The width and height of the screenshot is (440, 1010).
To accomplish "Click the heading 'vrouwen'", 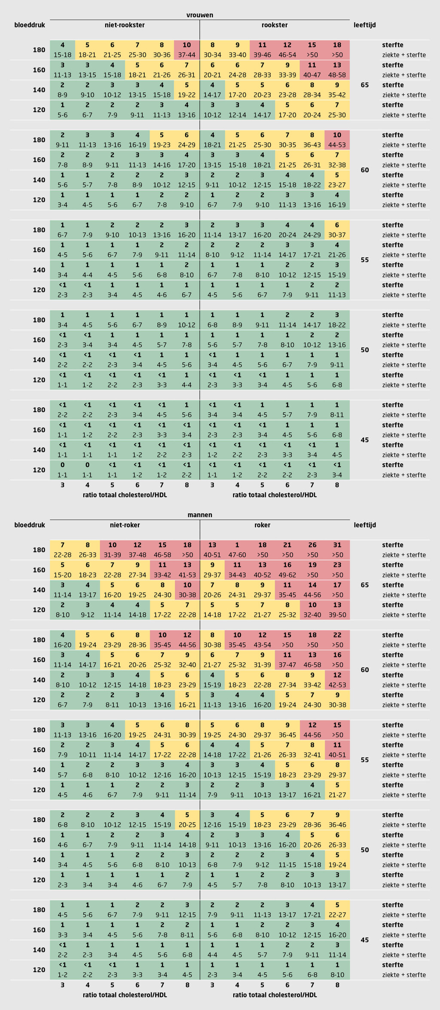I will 200,15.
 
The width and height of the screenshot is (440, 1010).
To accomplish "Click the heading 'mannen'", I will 200,515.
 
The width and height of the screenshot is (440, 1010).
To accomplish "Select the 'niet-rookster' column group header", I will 125,25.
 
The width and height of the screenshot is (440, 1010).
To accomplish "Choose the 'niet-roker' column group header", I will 125,525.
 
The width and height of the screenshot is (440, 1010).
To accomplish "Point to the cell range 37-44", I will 186,55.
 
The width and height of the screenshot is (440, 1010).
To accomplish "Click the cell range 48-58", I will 337,75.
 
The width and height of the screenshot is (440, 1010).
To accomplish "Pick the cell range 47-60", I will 237,555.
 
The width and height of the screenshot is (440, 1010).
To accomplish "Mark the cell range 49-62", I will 287,575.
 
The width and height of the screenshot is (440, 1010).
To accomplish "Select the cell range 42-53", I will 337,685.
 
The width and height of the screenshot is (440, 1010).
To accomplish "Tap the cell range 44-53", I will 337,145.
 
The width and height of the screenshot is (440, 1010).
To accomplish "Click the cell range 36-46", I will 337,825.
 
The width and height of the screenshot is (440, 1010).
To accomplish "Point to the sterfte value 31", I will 337,545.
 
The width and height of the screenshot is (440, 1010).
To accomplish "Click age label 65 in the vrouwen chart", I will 365,85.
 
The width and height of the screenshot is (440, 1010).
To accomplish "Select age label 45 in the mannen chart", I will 365,940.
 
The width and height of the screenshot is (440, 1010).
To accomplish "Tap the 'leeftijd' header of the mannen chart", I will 365,525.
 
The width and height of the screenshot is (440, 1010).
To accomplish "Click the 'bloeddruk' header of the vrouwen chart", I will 30,25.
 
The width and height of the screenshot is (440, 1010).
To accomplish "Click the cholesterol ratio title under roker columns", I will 275,995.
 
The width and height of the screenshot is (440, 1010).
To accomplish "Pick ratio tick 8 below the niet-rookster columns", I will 186,485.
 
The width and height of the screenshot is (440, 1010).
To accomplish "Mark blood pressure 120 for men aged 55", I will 39,790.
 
